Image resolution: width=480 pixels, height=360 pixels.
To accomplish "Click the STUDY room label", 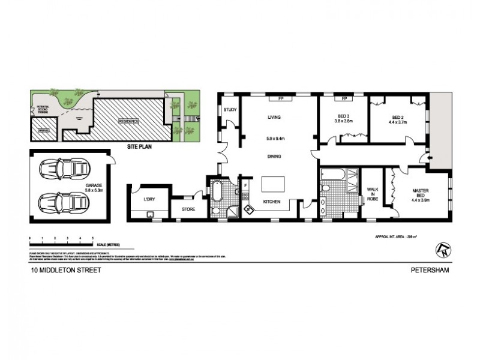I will (x=229, y=110).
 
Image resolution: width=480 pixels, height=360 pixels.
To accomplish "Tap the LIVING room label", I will (x=274, y=118).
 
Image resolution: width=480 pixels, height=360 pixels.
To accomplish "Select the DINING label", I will (x=274, y=156).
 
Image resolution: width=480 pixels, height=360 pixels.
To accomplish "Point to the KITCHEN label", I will (x=272, y=202).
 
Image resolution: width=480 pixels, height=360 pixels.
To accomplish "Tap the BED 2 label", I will (x=399, y=118).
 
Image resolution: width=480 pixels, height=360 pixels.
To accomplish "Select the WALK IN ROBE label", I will (x=373, y=194).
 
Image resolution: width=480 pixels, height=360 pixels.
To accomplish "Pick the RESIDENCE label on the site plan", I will (x=128, y=121).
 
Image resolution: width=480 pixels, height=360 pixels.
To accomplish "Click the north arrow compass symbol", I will (x=443, y=247).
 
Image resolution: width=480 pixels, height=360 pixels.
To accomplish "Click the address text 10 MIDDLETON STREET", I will (x=66, y=271).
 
